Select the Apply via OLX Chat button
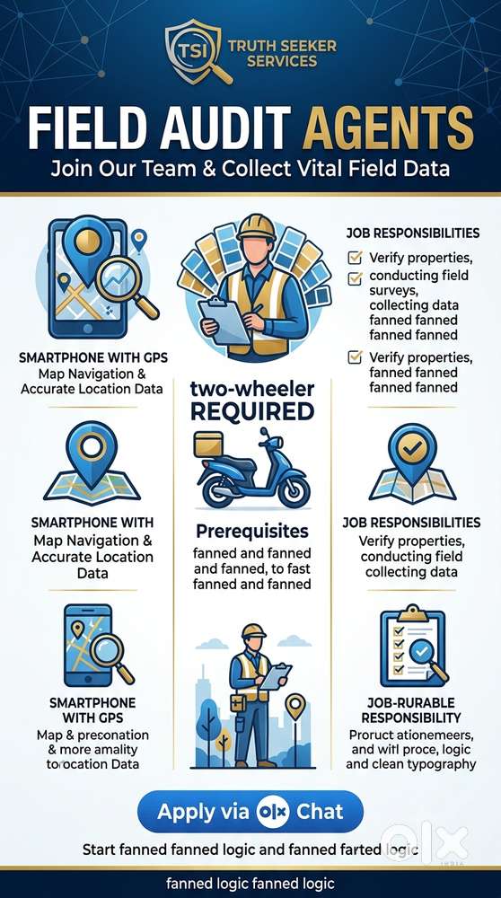pyautogui.click(x=250, y=811)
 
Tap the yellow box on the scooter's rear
pyautogui.click(x=207, y=445)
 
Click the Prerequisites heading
pyautogui.click(x=252, y=532)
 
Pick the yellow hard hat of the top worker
pyautogui.click(x=255, y=227)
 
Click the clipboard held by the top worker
pyautogui.click(x=224, y=321)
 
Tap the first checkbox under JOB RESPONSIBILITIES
pyautogui.click(x=355, y=258)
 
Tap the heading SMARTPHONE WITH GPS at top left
pyautogui.click(x=93, y=358)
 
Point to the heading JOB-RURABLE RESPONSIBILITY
pyautogui.click(x=410, y=710)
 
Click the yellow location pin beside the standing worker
pyautogui.click(x=295, y=707)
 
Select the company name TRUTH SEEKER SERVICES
pyautogui.click(x=282, y=53)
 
